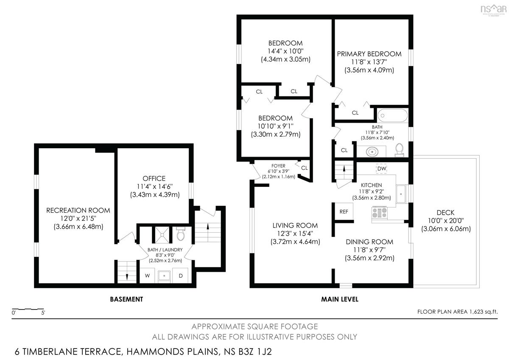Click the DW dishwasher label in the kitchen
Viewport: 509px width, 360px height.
coord(381,169)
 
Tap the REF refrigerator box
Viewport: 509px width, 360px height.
coord(344,211)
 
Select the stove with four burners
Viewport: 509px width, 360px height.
coord(379,213)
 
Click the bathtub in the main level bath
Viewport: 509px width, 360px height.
coord(393,115)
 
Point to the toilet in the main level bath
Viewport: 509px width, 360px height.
coord(399,150)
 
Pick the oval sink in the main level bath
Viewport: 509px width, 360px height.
coord(372,152)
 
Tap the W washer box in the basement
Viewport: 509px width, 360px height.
coord(147,276)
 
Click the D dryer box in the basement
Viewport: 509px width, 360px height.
coord(180,276)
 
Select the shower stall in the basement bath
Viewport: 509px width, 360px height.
coord(162,235)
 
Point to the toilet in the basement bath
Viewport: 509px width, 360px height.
coord(181,234)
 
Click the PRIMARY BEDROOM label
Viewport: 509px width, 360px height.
coord(369,54)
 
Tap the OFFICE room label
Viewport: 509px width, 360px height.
coord(154,179)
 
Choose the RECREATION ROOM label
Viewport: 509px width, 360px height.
coord(78,211)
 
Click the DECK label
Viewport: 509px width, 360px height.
coord(445,213)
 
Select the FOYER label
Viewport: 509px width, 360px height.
coord(278,166)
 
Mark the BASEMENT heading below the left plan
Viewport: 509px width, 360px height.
coord(126,299)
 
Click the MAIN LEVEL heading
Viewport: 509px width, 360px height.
coord(340,299)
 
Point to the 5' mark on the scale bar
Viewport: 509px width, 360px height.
coord(43,313)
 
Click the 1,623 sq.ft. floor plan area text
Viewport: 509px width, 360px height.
coord(483,312)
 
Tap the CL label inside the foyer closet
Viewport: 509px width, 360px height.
coord(304,168)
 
